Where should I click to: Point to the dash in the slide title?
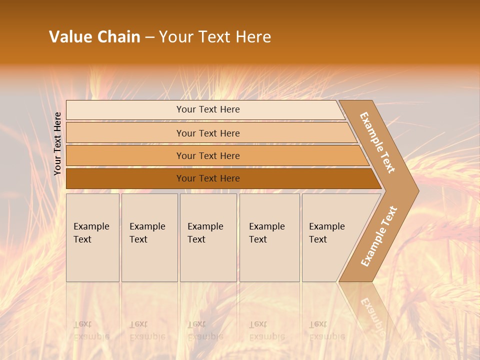149,37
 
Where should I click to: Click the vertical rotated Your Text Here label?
57,143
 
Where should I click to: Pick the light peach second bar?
207,133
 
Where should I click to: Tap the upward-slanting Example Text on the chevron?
379,236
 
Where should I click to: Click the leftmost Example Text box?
92,237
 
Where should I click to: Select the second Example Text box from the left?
149,237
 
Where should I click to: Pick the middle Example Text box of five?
208,237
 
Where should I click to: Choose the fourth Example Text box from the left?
269,237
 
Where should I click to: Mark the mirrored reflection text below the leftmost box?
91,330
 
